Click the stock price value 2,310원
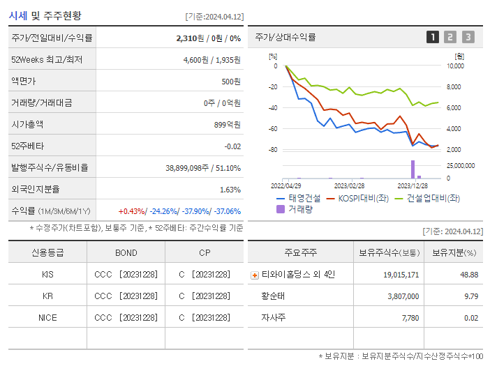click(x=190, y=38)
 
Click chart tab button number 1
click(x=433, y=37)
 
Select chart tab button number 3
click(x=468, y=37)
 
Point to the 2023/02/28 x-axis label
click(x=349, y=186)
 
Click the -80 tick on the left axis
click(x=273, y=150)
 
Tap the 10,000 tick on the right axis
click(x=454, y=66)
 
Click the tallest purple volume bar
click(x=413, y=169)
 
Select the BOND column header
click(x=126, y=252)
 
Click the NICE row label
click(x=47, y=317)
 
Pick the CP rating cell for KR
click(x=204, y=296)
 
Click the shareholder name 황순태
click(x=274, y=296)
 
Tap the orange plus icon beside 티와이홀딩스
click(x=254, y=275)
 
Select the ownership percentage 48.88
click(x=469, y=275)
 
